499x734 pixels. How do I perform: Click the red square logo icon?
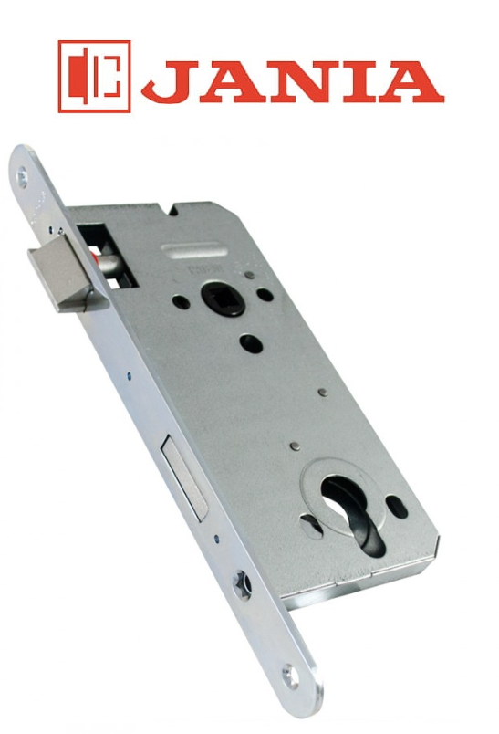[95, 77]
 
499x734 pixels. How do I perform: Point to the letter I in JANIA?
[359, 81]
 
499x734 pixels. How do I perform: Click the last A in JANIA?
[411, 81]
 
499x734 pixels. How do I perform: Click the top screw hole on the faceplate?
[22, 177]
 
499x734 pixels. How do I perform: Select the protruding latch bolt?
[65, 274]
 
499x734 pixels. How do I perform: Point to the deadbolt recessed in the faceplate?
[184, 477]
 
